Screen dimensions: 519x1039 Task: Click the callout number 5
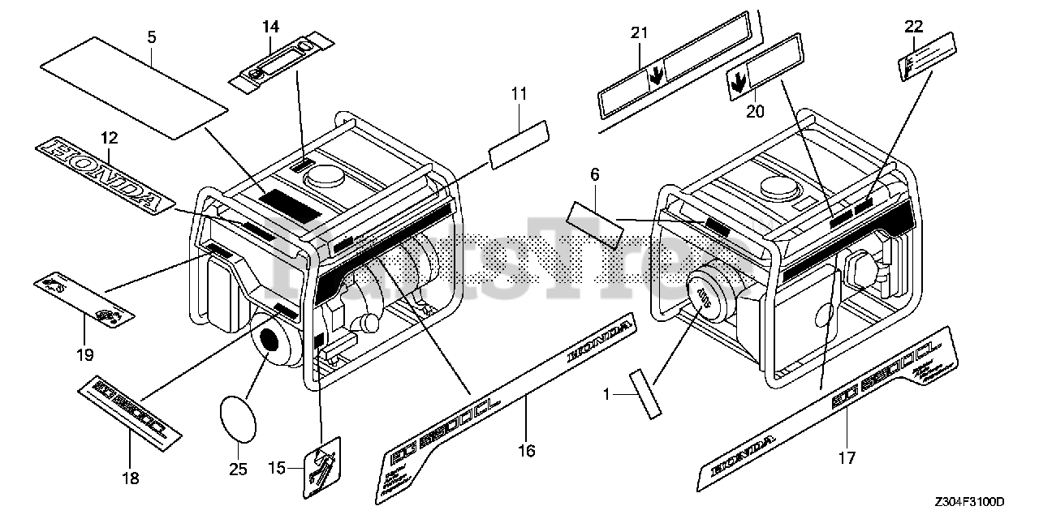(x=152, y=36)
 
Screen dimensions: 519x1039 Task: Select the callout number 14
(x=270, y=27)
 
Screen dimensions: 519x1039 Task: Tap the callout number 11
(x=519, y=94)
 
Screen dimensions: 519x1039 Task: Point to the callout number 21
(x=640, y=33)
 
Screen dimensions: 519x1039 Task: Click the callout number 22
(x=914, y=26)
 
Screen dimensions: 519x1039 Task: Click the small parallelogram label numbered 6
(x=595, y=222)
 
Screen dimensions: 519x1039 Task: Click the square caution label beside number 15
(x=323, y=469)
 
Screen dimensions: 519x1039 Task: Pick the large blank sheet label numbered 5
(x=134, y=80)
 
